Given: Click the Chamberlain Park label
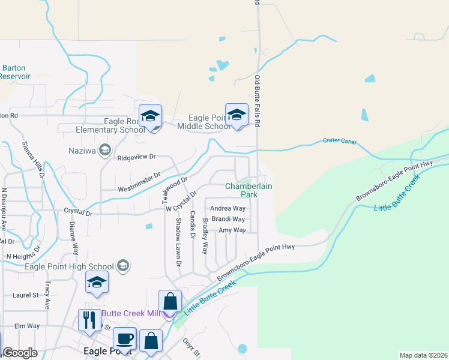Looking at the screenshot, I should (x=249, y=190).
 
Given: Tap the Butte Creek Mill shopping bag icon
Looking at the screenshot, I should (x=170, y=302).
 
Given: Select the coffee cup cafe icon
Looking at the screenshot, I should (x=124, y=338).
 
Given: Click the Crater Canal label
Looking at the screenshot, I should (x=340, y=142).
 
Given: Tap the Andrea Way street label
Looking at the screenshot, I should (x=228, y=209).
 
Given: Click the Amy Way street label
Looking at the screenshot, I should (x=232, y=230).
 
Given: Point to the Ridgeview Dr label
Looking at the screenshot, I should (x=136, y=157).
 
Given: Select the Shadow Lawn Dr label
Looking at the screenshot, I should (x=178, y=242).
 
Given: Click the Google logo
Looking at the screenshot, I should (x=20, y=353).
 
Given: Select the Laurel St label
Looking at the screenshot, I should (x=25, y=295).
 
